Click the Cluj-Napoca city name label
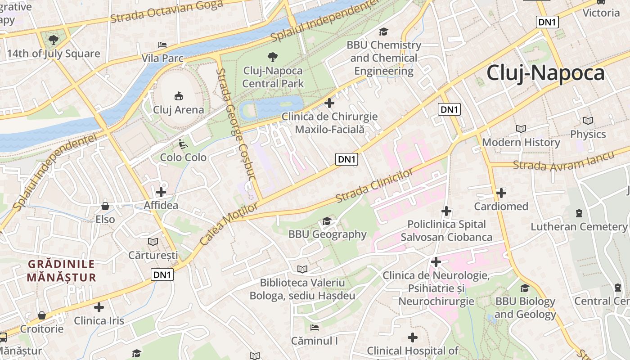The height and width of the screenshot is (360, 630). [545, 73]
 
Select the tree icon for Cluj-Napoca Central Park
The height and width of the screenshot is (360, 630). [272, 57]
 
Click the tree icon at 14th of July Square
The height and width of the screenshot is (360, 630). [53, 40]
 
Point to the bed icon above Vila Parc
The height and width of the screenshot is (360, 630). [162, 45]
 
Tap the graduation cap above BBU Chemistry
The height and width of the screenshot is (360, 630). [383, 31]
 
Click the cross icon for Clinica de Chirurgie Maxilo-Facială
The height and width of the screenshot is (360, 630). [329, 103]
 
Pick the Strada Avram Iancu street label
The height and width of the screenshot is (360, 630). [563, 161]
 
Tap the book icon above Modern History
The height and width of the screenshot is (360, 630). [521, 129]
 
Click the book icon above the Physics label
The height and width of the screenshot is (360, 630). [588, 121]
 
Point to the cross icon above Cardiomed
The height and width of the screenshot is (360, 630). [501, 193]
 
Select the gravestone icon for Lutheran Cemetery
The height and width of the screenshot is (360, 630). [579, 213]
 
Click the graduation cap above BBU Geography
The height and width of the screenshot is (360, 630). [327, 221]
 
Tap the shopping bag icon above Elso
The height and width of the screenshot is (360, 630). [105, 206]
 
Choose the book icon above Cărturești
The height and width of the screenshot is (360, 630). [153, 242]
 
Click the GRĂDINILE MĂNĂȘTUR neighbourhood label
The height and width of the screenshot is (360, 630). [61, 270]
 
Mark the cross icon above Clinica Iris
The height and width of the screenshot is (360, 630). [99, 307]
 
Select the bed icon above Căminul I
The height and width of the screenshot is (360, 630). [314, 327]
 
